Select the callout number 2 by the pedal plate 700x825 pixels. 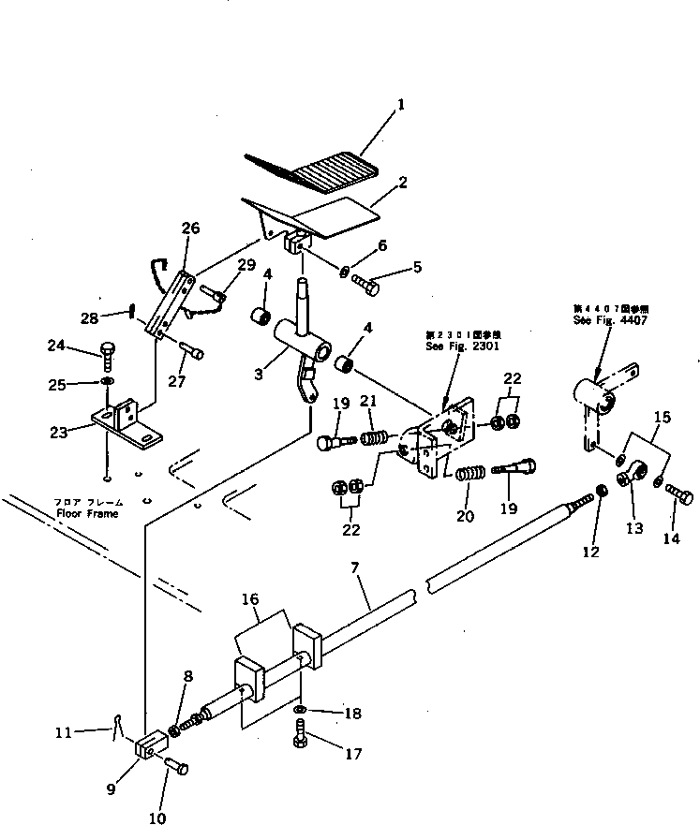(x=402, y=184)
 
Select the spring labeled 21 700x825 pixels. (x=375, y=437)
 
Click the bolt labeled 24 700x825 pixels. (x=106, y=354)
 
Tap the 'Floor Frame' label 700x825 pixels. (x=86, y=514)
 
